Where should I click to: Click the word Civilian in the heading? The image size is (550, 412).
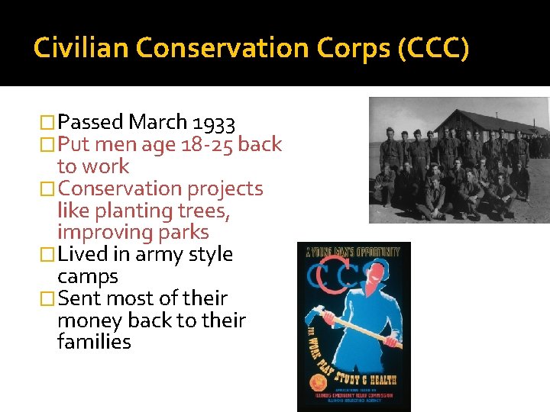tap(81, 50)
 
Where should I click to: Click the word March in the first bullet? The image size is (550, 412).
tap(158, 122)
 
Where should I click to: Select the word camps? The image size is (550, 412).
tap(87, 276)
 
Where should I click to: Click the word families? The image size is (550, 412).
tap(93, 342)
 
